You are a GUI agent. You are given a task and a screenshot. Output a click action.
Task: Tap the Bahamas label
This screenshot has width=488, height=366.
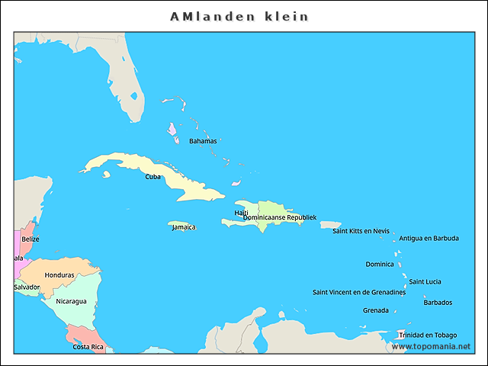tap(203, 141)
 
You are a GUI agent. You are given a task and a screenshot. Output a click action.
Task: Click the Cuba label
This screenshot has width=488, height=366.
tap(153, 177)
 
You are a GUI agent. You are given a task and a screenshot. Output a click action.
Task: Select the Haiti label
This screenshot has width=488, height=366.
tap(241, 213)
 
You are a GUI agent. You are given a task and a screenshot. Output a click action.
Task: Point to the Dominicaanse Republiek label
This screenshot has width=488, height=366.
tap(279, 218)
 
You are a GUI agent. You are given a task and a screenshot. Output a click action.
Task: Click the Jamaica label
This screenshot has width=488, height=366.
tap(184, 227)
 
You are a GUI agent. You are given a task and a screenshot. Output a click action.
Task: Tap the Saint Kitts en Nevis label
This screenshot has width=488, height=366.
tap(361, 231)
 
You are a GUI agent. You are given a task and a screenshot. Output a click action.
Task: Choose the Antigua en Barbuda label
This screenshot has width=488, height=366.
tap(429, 239)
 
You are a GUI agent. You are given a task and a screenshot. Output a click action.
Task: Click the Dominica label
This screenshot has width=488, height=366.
tap(380, 265)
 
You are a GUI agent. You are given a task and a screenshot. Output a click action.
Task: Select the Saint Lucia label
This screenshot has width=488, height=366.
tap(425, 282)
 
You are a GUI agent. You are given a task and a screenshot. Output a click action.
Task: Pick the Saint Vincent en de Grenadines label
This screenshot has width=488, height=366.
tap(359, 292)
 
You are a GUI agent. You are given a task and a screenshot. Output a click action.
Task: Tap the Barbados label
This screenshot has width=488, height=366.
tap(438, 302)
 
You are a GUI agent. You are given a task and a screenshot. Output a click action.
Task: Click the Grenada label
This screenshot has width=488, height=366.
tap(375, 310)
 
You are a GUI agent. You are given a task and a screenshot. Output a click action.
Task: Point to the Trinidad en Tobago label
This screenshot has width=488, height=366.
tap(428, 335)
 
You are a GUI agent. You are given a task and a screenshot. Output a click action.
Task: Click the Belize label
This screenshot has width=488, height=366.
tap(30, 239)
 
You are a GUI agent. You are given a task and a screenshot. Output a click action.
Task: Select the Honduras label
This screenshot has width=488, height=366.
tap(59, 275)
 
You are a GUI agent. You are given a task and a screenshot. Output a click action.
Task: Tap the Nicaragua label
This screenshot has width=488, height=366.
tap(71, 301)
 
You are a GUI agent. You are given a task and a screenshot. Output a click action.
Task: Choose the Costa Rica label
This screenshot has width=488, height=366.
tap(88, 347)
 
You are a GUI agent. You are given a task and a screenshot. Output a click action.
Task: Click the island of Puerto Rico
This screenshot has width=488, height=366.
tap(330, 225)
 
